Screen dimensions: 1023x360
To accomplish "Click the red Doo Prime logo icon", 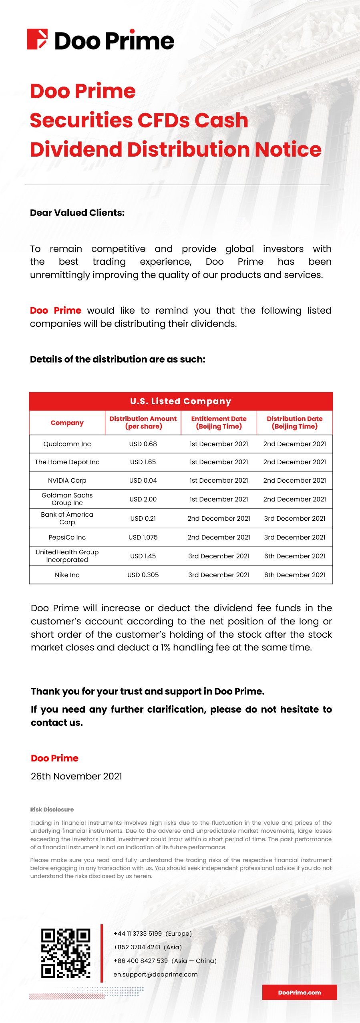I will point(37,39).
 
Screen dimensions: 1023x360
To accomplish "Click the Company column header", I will point(67,423).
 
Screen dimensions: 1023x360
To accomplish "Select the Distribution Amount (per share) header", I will point(143,423).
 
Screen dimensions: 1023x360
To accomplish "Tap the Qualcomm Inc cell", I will point(67,444).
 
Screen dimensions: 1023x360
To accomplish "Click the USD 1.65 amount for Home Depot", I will point(143,462).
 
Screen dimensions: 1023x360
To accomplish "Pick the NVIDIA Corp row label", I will point(67,480).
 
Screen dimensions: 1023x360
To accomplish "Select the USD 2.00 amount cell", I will point(143,499).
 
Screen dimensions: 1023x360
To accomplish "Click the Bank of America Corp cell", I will point(67,518).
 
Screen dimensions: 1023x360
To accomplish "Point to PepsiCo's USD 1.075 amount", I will point(143,537).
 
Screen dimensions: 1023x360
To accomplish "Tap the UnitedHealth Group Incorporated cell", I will point(67,556).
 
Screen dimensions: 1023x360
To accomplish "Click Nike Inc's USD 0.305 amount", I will point(143,575).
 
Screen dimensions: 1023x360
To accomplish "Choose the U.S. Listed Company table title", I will point(181,401).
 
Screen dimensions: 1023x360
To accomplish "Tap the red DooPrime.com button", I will point(299,992).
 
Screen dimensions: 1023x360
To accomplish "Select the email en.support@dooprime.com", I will point(155,974).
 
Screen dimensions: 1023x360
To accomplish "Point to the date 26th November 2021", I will point(76,776).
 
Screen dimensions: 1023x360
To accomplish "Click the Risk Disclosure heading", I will point(52,810).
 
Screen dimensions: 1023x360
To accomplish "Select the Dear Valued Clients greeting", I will point(77,213).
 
